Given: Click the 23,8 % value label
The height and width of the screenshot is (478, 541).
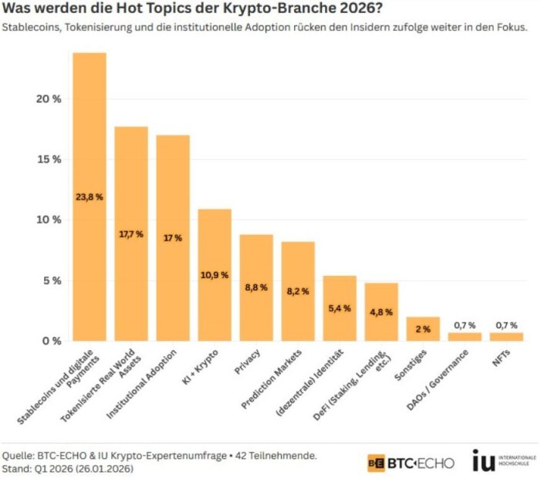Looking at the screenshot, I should click(90, 197).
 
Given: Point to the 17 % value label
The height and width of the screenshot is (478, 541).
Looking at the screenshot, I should click(173, 238).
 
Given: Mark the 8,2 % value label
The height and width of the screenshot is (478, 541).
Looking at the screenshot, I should click(298, 291).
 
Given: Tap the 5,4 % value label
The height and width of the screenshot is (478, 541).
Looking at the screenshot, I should click(340, 308).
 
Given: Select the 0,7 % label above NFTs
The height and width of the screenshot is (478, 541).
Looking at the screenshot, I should click(506, 325).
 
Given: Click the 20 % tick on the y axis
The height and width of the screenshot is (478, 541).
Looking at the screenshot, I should click(46, 99).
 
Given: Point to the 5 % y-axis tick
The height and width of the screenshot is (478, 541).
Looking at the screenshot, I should click(49, 281).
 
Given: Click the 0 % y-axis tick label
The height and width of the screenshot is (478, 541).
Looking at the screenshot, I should click(49, 341).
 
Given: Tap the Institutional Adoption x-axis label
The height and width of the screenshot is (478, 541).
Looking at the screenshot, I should click(147, 383).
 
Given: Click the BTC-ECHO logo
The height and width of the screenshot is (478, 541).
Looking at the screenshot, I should click(410, 462).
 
